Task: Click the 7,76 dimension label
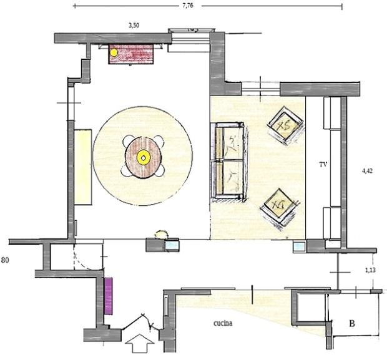188,6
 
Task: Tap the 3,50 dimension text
134,25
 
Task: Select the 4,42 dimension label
367,171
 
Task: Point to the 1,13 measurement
370,270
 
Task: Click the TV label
323,165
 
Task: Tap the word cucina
223,323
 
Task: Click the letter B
352,323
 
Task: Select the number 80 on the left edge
5,260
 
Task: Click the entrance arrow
140,343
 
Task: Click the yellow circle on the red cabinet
114,52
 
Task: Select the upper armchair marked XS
285,126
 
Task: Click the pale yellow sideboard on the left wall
83,167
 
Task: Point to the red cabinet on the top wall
131,54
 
